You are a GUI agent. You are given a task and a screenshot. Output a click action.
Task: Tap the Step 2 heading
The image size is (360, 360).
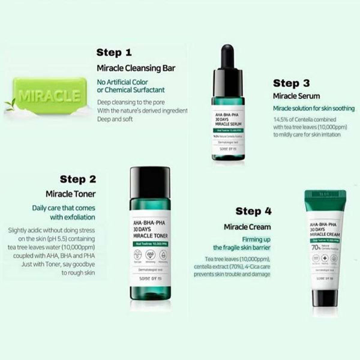pos(77,179)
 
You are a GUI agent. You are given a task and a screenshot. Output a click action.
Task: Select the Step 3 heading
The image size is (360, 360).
pos(292,83)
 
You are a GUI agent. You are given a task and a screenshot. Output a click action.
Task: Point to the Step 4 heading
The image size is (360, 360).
pos(257,211)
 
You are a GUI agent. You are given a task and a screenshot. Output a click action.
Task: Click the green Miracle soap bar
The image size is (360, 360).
pos(49,96)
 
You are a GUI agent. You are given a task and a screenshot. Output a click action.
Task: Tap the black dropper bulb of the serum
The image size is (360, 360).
pos(228,57)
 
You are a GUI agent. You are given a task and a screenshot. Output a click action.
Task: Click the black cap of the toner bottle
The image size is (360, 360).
pos(150,182)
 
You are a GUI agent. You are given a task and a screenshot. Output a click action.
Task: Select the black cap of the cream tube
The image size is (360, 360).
pos(325,298)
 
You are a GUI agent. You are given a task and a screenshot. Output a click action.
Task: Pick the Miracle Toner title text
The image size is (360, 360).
pos(71,194)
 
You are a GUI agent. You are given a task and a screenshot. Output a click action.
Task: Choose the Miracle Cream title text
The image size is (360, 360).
pos(247,227)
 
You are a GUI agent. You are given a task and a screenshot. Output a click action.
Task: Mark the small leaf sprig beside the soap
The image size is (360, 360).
pos(10,104)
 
